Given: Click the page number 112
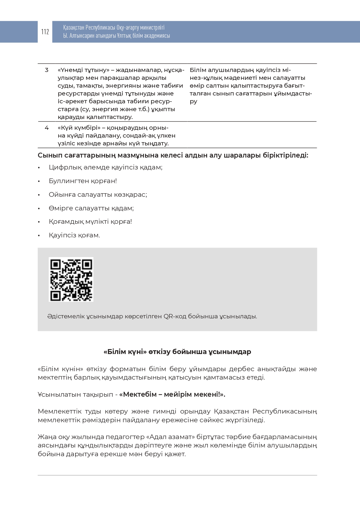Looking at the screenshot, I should [x=45, y=32].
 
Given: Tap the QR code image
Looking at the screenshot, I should [x=71, y=279].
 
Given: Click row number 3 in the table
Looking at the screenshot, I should [x=47, y=70].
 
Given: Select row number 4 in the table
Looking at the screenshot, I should [x=47, y=128].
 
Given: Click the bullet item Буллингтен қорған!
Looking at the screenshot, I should [x=83, y=181].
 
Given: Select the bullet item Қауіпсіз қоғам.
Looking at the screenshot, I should [x=74, y=235].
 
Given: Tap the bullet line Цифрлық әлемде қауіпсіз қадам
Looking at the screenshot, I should [x=105, y=167].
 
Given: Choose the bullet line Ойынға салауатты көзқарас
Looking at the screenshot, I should [x=98, y=195].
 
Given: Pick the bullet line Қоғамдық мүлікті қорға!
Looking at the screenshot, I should [x=90, y=222].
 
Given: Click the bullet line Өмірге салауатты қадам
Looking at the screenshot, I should [x=91, y=208].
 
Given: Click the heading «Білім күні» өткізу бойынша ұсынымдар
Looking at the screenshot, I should [x=177, y=352].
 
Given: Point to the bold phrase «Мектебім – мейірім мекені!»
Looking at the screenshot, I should [x=172, y=394].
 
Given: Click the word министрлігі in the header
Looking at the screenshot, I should [x=152, y=28].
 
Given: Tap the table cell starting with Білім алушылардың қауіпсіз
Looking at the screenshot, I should [x=251, y=86].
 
